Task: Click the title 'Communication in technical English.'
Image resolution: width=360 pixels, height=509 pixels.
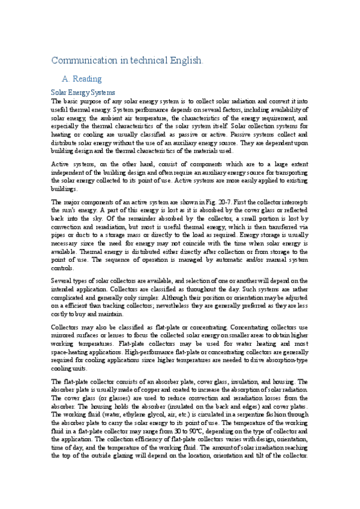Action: coord(127,61)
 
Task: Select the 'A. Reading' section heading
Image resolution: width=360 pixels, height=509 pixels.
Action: coord(82,79)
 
